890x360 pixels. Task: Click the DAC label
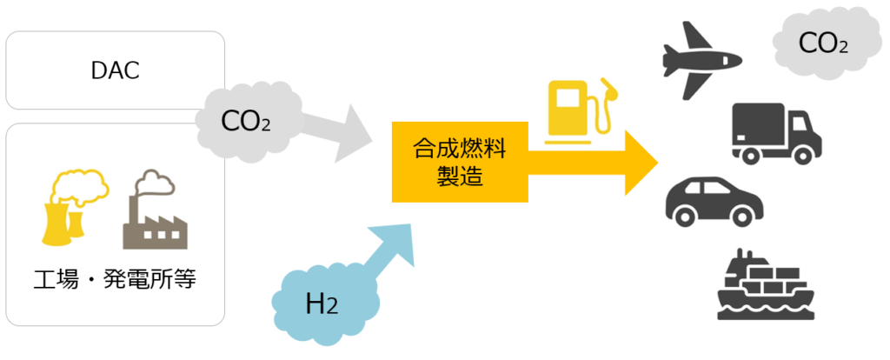click(x=115, y=70)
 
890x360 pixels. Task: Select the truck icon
click(x=775, y=132)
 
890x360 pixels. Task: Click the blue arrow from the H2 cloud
click(x=382, y=253)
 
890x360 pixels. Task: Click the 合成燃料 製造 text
click(x=458, y=162)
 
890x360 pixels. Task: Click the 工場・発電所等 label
click(x=115, y=282)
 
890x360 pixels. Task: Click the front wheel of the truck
click(x=805, y=154)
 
